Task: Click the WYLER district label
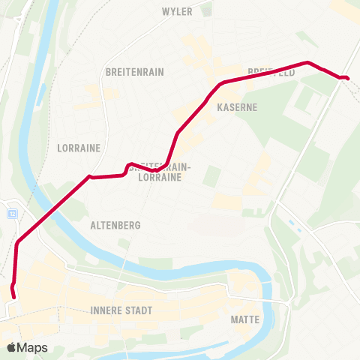click(x=178, y=11)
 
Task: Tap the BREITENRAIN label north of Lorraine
click(x=135, y=72)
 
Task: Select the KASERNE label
click(x=237, y=107)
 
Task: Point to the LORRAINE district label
click(x=79, y=148)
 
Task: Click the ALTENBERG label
click(x=115, y=224)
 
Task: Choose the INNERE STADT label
click(x=121, y=310)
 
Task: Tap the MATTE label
click(x=245, y=319)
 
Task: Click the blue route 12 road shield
click(x=12, y=213)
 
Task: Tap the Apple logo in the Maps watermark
click(x=11, y=347)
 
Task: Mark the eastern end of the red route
click(x=347, y=78)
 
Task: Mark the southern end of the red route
click(x=14, y=297)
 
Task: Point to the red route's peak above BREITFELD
click(x=307, y=62)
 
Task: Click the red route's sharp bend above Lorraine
click(x=90, y=177)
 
